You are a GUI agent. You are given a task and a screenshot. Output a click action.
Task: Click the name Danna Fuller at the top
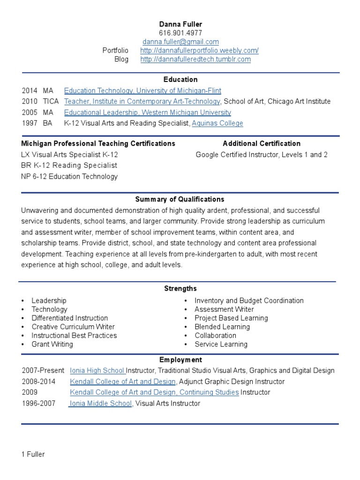coord(180,24)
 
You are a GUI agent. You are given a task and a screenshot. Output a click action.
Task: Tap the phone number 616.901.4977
coord(180,33)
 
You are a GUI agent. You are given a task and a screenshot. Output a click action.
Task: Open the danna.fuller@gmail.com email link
coord(180,42)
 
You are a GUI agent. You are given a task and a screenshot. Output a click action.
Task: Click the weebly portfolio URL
coord(199,51)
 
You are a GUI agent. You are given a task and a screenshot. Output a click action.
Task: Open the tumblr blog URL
coord(195,60)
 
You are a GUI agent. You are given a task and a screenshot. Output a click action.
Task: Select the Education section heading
coord(180,80)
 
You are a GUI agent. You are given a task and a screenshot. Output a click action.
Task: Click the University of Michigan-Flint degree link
coord(142,90)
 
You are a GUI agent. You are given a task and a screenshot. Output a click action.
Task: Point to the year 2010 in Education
coord(30,101)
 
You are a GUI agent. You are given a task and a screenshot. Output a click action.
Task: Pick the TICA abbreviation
coord(51,101)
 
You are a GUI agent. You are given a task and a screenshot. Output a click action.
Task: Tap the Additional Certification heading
coord(262,143)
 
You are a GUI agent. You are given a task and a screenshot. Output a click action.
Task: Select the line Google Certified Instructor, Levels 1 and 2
coord(262,155)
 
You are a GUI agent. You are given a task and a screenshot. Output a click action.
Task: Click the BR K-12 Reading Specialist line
coord(69,165)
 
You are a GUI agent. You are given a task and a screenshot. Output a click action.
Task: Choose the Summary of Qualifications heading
coord(180,199)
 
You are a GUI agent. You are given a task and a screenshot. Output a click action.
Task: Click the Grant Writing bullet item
coord(52,344)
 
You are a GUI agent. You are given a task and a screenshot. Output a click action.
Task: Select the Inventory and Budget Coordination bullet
coord(249,300)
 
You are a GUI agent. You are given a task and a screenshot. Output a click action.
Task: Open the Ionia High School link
coord(97,370)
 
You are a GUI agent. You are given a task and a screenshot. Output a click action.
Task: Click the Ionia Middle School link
coord(101,403)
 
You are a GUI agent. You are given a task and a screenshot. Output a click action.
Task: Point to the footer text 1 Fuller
coord(33,454)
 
